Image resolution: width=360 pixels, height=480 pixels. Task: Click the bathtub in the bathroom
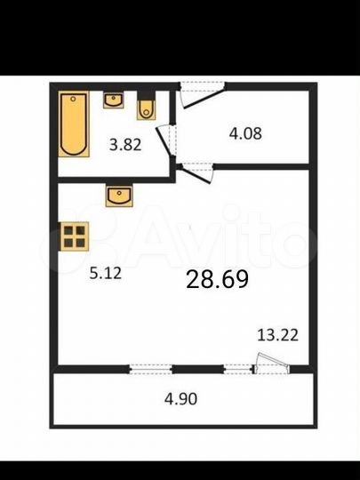click(75, 124)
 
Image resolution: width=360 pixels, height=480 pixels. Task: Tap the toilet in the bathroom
click(147, 108)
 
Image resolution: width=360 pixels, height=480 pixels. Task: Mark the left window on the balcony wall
click(148, 368)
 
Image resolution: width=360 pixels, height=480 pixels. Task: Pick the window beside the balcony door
click(237, 368)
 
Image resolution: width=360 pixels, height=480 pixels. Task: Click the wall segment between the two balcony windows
click(196, 368)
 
